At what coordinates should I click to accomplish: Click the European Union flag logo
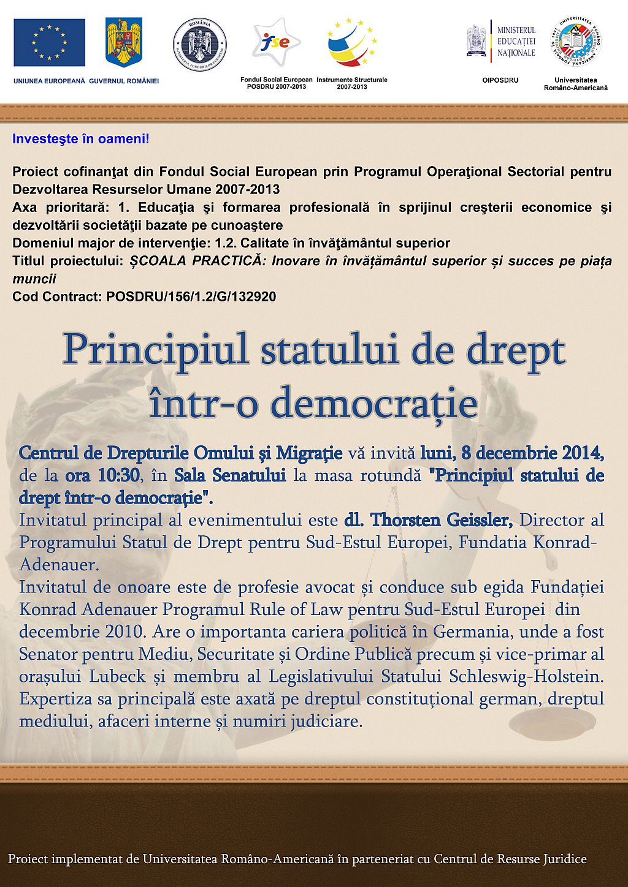(50, 42)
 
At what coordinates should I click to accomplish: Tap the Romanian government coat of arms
(124, 42)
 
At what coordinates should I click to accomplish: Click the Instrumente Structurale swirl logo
(351, 42)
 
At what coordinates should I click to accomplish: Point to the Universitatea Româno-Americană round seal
(576, 42)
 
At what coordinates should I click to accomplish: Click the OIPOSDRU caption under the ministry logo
(500, 80)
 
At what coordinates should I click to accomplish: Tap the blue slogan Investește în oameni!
(81, 139)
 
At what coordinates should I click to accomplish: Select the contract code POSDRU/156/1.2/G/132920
(191, 297)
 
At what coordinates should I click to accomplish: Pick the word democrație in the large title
(374, 403)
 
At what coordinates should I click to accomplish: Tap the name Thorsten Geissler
(441, 520)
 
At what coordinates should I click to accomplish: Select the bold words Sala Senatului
(230, 475)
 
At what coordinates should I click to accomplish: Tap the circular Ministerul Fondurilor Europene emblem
(200, 44)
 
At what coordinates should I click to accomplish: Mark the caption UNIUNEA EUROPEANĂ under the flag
(49, 81)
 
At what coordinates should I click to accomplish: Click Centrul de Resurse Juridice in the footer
(510, 859)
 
